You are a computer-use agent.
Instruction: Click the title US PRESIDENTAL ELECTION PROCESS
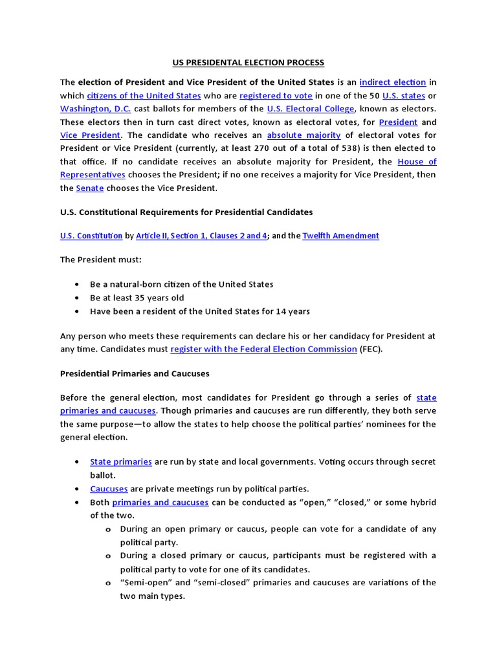(x=248, y=63)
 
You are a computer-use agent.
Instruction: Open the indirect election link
(x=392, y=82)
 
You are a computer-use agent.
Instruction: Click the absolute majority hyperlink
(x=304, y=135)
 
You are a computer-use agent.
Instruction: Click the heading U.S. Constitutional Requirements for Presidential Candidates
(x=186, y=212)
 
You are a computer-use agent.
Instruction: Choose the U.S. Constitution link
(x=91, y=236)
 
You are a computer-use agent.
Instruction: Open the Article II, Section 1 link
(x=201, y=236)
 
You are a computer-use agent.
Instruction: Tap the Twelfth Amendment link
(x=340, y=236)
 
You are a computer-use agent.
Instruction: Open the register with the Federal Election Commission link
(x=263, y=349)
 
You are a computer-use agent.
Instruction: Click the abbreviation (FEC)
(x=371, y=349)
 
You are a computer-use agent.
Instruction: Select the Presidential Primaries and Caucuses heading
(x=135, y=374)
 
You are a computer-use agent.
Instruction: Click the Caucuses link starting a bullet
(x=109, y=489)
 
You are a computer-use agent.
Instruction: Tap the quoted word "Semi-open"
(x=144, y=583)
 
